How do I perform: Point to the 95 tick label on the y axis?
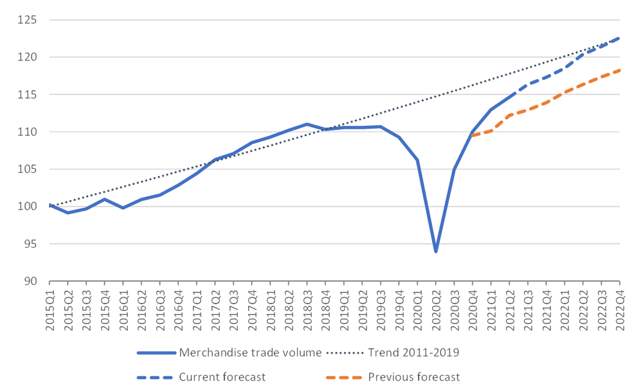(29, 244)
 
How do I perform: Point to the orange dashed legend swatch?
(344, 377)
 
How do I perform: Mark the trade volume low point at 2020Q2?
(436, 251)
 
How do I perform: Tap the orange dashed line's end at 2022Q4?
(619, 71)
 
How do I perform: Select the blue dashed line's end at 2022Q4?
(619, 38)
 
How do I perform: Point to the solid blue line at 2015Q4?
(105, 199)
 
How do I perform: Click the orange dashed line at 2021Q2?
(509, 115)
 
